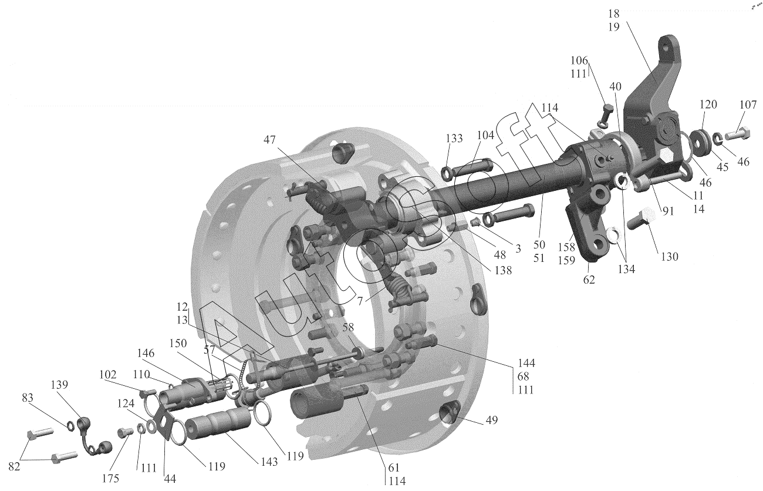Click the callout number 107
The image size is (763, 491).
[x=748, y=105]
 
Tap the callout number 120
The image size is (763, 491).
[x=708, y=104]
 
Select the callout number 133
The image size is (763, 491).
[x=454, y=138]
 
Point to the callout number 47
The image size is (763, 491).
[x=269, y=139]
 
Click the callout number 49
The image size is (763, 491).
[x=491, y=420]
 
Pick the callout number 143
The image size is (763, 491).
[x=269, y=462]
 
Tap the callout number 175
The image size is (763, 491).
[x=111, y=479]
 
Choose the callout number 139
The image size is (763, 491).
[x=59, y=384]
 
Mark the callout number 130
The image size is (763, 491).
[x=670, y=257]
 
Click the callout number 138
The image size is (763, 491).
[x=504, y=270]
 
